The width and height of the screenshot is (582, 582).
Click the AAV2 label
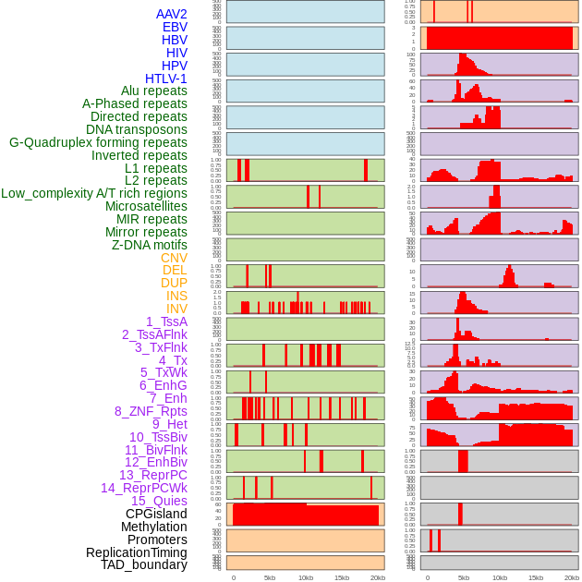[171, 14]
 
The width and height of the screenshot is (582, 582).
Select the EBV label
[175, 27]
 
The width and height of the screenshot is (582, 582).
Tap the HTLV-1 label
[166, 79]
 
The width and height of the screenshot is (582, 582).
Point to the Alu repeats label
[154, 91]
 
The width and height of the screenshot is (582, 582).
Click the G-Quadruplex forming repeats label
[98, 142]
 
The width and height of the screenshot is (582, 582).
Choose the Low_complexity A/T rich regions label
[94, 193]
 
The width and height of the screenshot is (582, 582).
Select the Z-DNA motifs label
[150, 245]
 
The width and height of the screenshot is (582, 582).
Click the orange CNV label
[174, 258]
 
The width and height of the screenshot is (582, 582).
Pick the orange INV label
[176, 309]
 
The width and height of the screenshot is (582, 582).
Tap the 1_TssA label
[166, 321]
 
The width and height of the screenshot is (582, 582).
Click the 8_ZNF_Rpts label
[151, 411]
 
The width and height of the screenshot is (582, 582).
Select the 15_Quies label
[159, 501]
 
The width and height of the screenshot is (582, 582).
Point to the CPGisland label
[156, 514]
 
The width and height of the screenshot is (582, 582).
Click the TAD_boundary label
[144, 564]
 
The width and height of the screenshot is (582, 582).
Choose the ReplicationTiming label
[137, 552]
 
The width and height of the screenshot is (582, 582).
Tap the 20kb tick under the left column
[377, 577]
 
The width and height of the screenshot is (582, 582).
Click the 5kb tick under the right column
[463, 577]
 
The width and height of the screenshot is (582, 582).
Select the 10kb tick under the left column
[305, 577]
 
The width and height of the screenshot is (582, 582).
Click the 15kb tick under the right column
[535, 577]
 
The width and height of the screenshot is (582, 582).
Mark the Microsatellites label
[146, 206]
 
